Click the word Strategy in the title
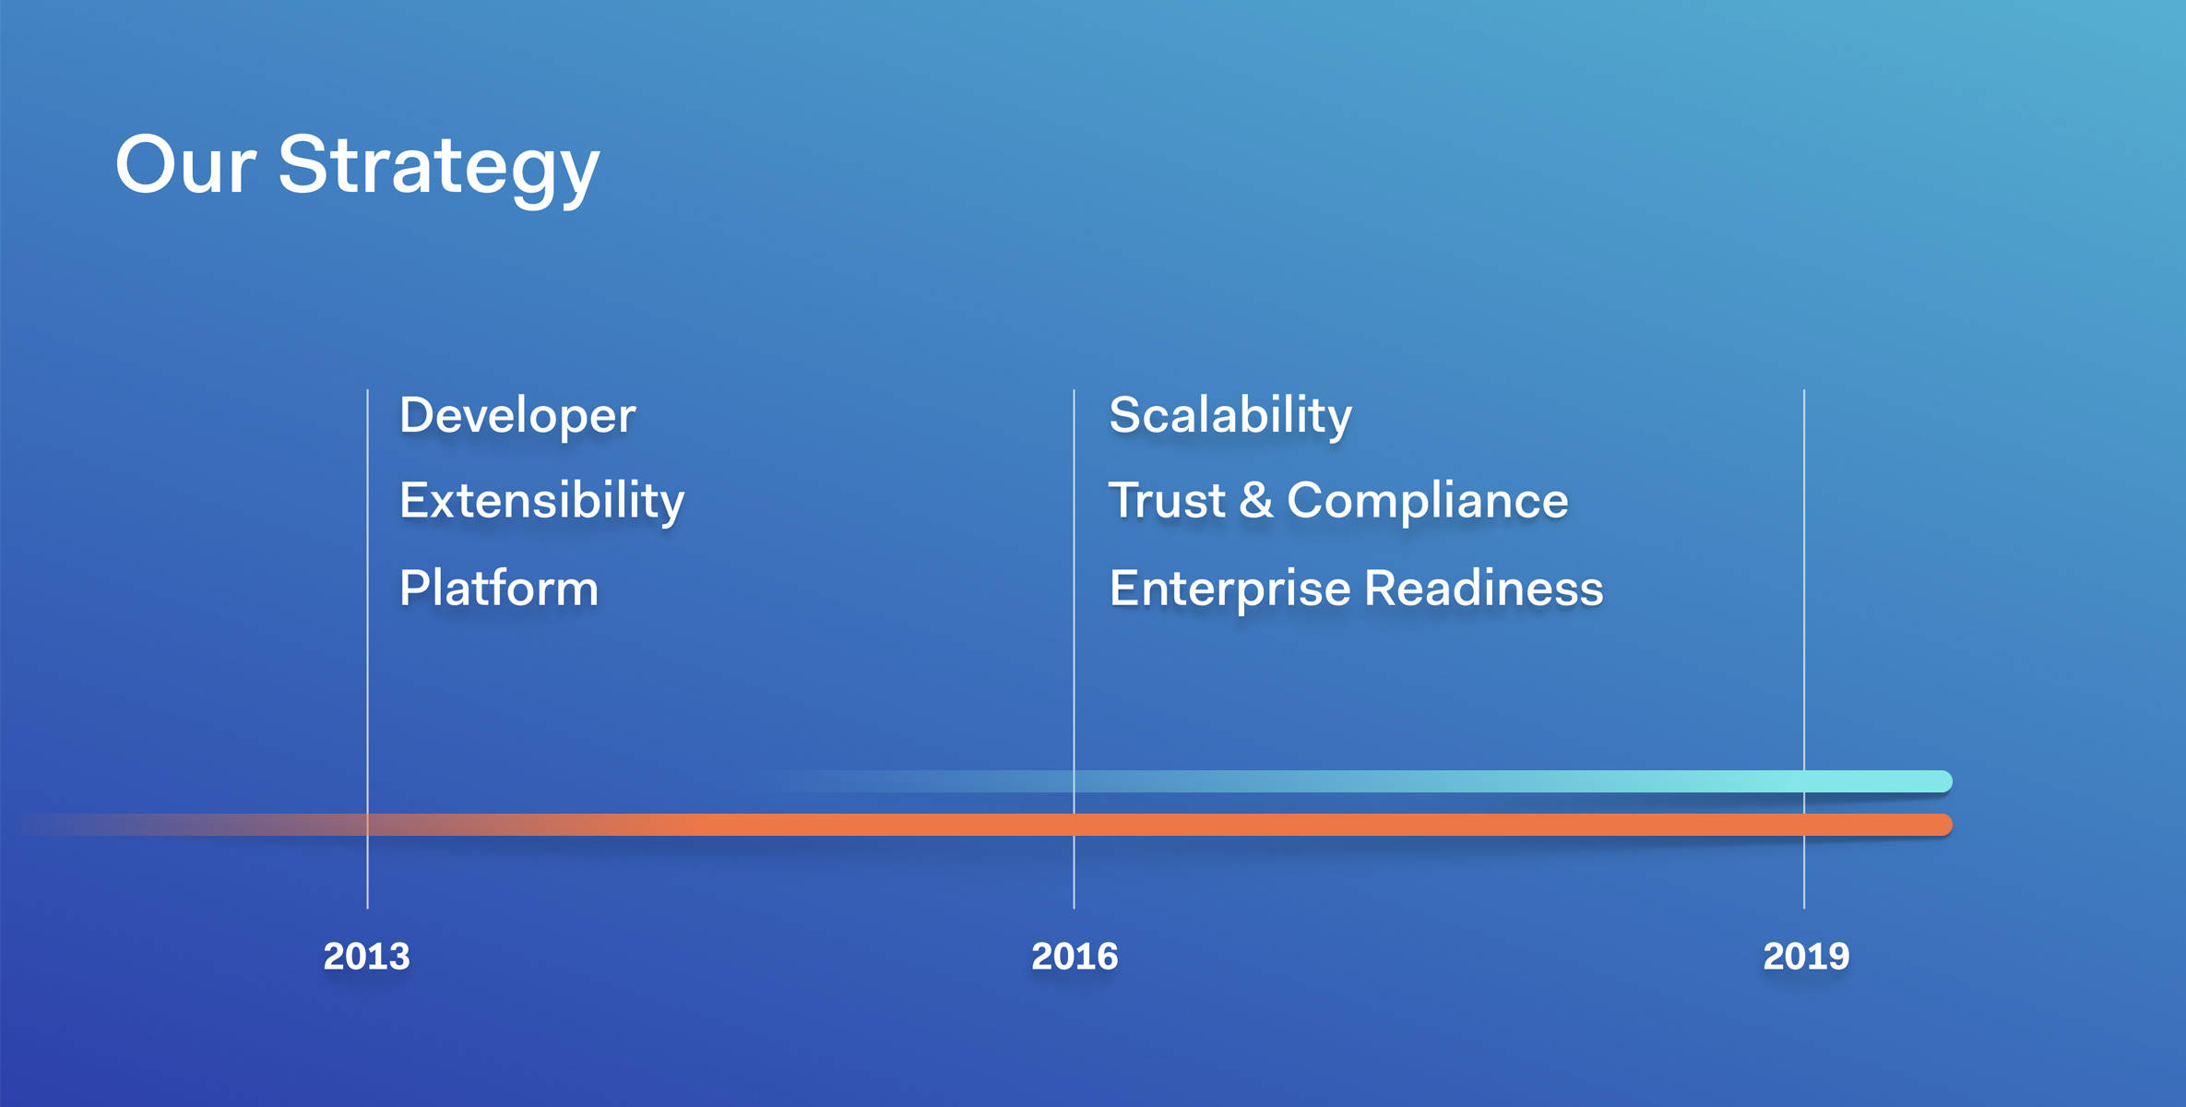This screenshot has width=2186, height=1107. (439, 166)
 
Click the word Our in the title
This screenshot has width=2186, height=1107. (185, 166)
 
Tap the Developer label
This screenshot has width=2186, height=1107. (517, 416)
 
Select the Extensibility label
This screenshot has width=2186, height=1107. (541, 501)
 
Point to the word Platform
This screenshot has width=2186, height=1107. (499, 589)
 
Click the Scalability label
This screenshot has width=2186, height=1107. (1230, 416)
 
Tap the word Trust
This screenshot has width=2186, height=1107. (1167, 501)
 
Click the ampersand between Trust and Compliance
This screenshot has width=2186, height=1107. (1256, 501)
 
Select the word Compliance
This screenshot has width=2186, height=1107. (1427, 501)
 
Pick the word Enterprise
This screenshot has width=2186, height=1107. (1230, 589)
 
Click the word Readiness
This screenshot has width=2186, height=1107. (1484, 589)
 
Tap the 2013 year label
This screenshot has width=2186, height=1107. (366, 957)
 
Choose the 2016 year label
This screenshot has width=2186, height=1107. (1075, 957)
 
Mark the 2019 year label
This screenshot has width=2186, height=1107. (1806, 957)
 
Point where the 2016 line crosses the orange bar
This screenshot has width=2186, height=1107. (1074, 825)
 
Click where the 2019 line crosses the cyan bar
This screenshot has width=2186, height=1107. (1804, 781)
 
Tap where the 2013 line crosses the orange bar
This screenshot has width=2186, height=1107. (367, 825)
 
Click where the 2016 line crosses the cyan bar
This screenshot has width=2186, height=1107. (1074, 781)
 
